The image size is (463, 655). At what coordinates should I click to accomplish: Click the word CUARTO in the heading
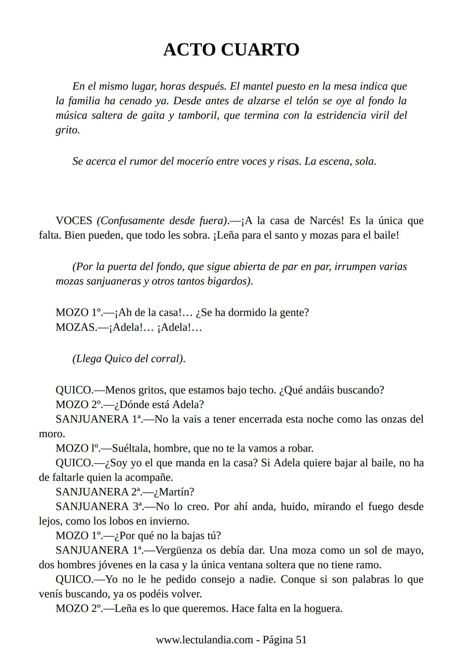coord(260,50)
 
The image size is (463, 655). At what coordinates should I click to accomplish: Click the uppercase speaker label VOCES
coord(74,221)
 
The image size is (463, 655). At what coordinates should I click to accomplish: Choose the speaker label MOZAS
coord(75,327)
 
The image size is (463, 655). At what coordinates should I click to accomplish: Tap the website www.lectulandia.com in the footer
coord(204,640)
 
